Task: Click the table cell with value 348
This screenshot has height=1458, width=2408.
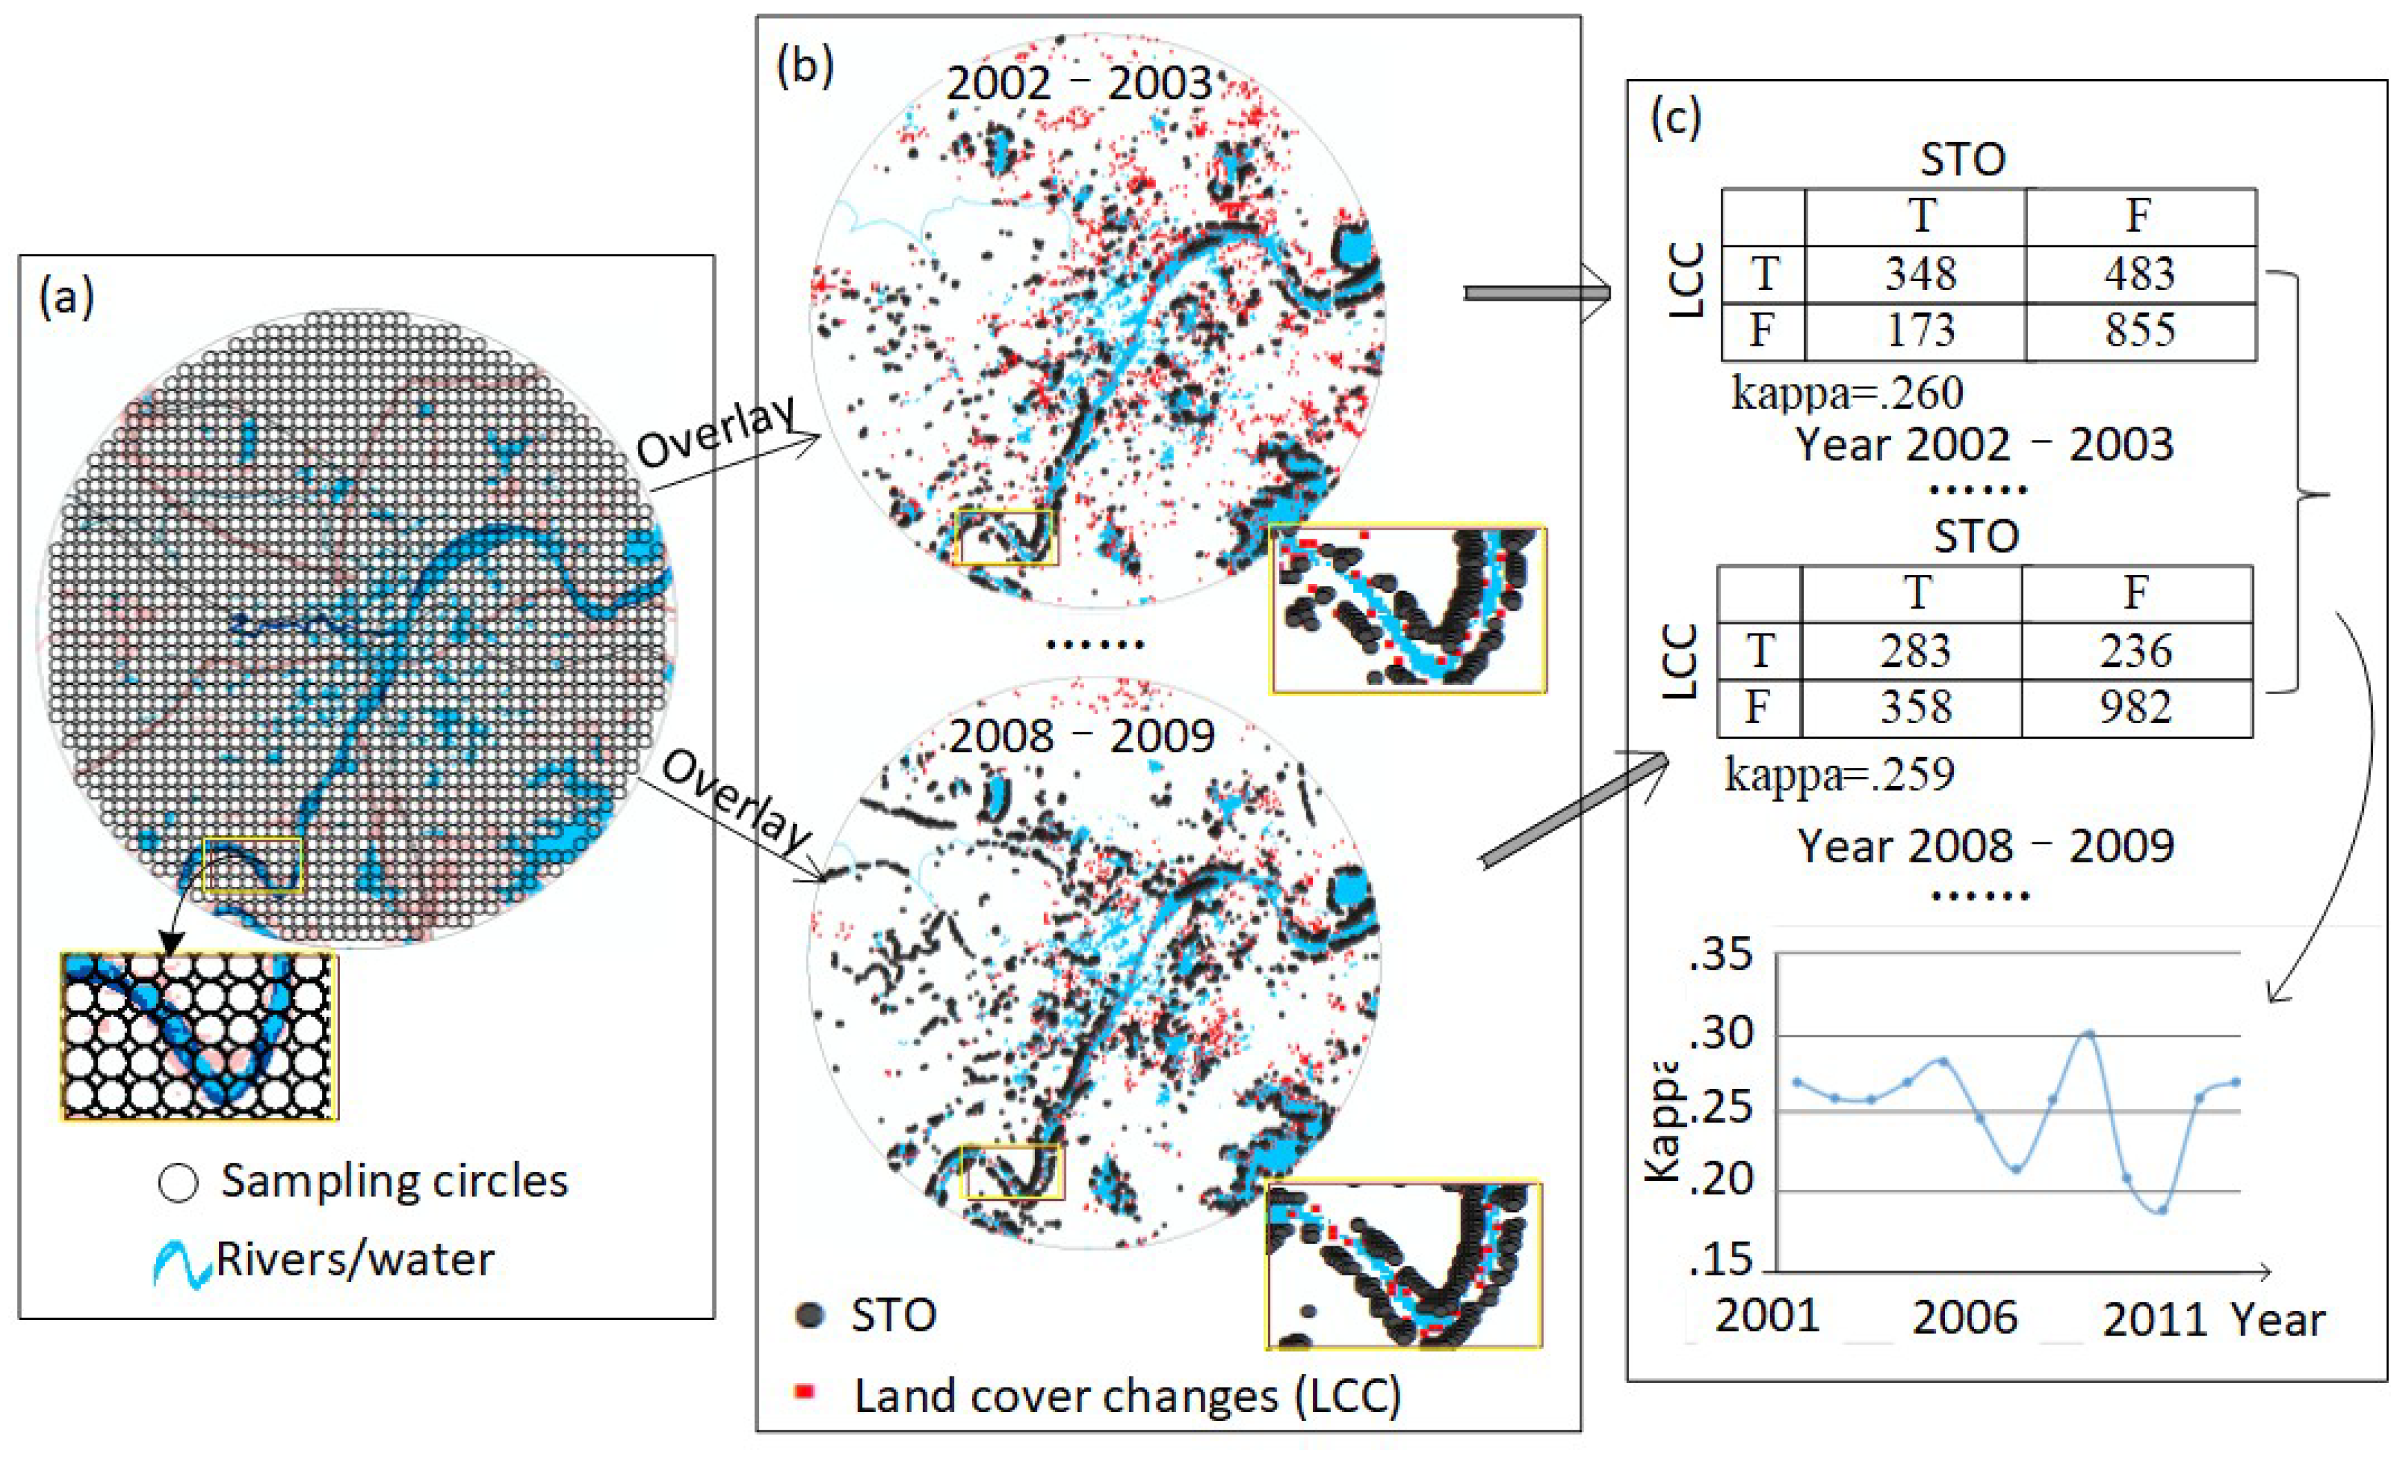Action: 1920,274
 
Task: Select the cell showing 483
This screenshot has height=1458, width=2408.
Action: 2139,274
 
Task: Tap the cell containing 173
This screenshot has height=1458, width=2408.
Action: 1920,330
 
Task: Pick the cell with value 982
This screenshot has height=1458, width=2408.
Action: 2135,706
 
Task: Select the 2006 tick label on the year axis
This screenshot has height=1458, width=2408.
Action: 1964,1318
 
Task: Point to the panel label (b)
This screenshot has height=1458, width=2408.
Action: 804,67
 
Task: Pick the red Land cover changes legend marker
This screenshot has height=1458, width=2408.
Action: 804,1391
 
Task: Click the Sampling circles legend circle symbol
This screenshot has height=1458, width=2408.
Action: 178,1182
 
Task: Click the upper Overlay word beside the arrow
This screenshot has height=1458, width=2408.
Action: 716,432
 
